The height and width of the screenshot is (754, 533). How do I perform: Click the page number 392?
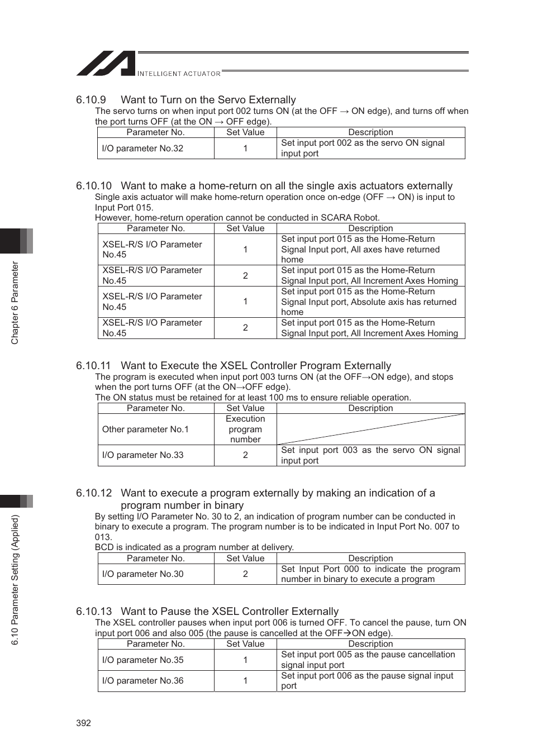coord(83,723)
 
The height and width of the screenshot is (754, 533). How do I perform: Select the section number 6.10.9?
coord(91,100)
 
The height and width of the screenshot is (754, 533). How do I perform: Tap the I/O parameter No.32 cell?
coord(142,149)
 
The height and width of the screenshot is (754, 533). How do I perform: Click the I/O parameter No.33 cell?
coord(142,455)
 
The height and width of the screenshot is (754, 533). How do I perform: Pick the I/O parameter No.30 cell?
coord(142,574)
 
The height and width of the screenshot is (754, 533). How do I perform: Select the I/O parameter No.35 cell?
coord(142,660)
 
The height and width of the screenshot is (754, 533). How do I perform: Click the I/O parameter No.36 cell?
coord(142,681)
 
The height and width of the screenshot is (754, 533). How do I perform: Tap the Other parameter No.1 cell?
coord(145,430)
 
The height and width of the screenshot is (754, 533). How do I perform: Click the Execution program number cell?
coord(245,430)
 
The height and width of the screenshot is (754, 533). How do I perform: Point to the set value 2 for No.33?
coord(245,455)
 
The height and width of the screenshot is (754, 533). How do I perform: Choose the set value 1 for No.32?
coord(245,149)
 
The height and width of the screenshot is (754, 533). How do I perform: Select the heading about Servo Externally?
coord(208,100)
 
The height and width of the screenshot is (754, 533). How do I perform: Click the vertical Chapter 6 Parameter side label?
coord(15,303)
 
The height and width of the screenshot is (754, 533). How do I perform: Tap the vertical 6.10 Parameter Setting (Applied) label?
coord(15,580)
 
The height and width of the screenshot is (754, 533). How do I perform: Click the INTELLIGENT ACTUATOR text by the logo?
coord(179,74)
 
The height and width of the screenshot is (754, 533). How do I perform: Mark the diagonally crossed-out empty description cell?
coord(370,430)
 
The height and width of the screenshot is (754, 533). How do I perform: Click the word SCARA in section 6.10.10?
coord(335,218)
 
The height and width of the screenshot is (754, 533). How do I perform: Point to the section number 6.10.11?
coord(93,366)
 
